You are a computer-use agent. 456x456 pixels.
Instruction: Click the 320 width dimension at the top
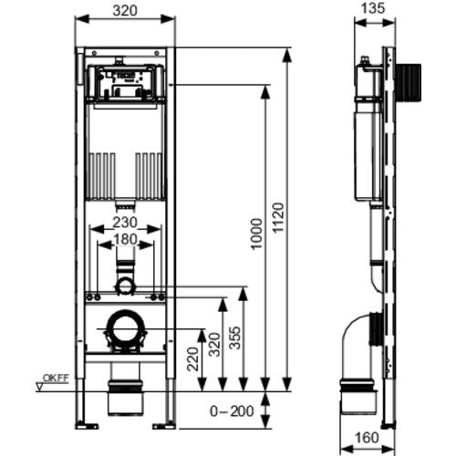(125, 11)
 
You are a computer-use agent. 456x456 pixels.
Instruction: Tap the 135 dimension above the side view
(373, 8)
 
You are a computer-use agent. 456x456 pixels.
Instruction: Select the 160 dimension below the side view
(367, 438)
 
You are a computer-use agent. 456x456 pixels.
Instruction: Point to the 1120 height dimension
(278, 218)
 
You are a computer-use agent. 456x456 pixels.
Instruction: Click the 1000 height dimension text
(256, 233)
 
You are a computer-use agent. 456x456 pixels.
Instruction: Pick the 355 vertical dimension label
(234, 337)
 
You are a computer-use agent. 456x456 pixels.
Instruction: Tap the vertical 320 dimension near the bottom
(214, 345)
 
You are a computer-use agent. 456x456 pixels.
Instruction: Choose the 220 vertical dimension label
(192, 359)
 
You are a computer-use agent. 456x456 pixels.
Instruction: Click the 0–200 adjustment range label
(232, 411)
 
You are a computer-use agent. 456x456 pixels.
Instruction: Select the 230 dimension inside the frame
(125, 223)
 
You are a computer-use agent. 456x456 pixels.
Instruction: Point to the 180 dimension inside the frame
(125, 239)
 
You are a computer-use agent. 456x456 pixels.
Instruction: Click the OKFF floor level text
(56, 378)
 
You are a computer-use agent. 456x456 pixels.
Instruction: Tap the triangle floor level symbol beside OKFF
(40, 387)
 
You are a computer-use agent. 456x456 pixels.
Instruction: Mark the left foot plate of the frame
(87, 426)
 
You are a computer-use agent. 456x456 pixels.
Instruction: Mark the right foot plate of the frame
(164, 426)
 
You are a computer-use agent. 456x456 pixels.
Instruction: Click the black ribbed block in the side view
(408, 82)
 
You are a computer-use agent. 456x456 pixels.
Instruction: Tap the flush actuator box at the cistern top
(126, 82)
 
